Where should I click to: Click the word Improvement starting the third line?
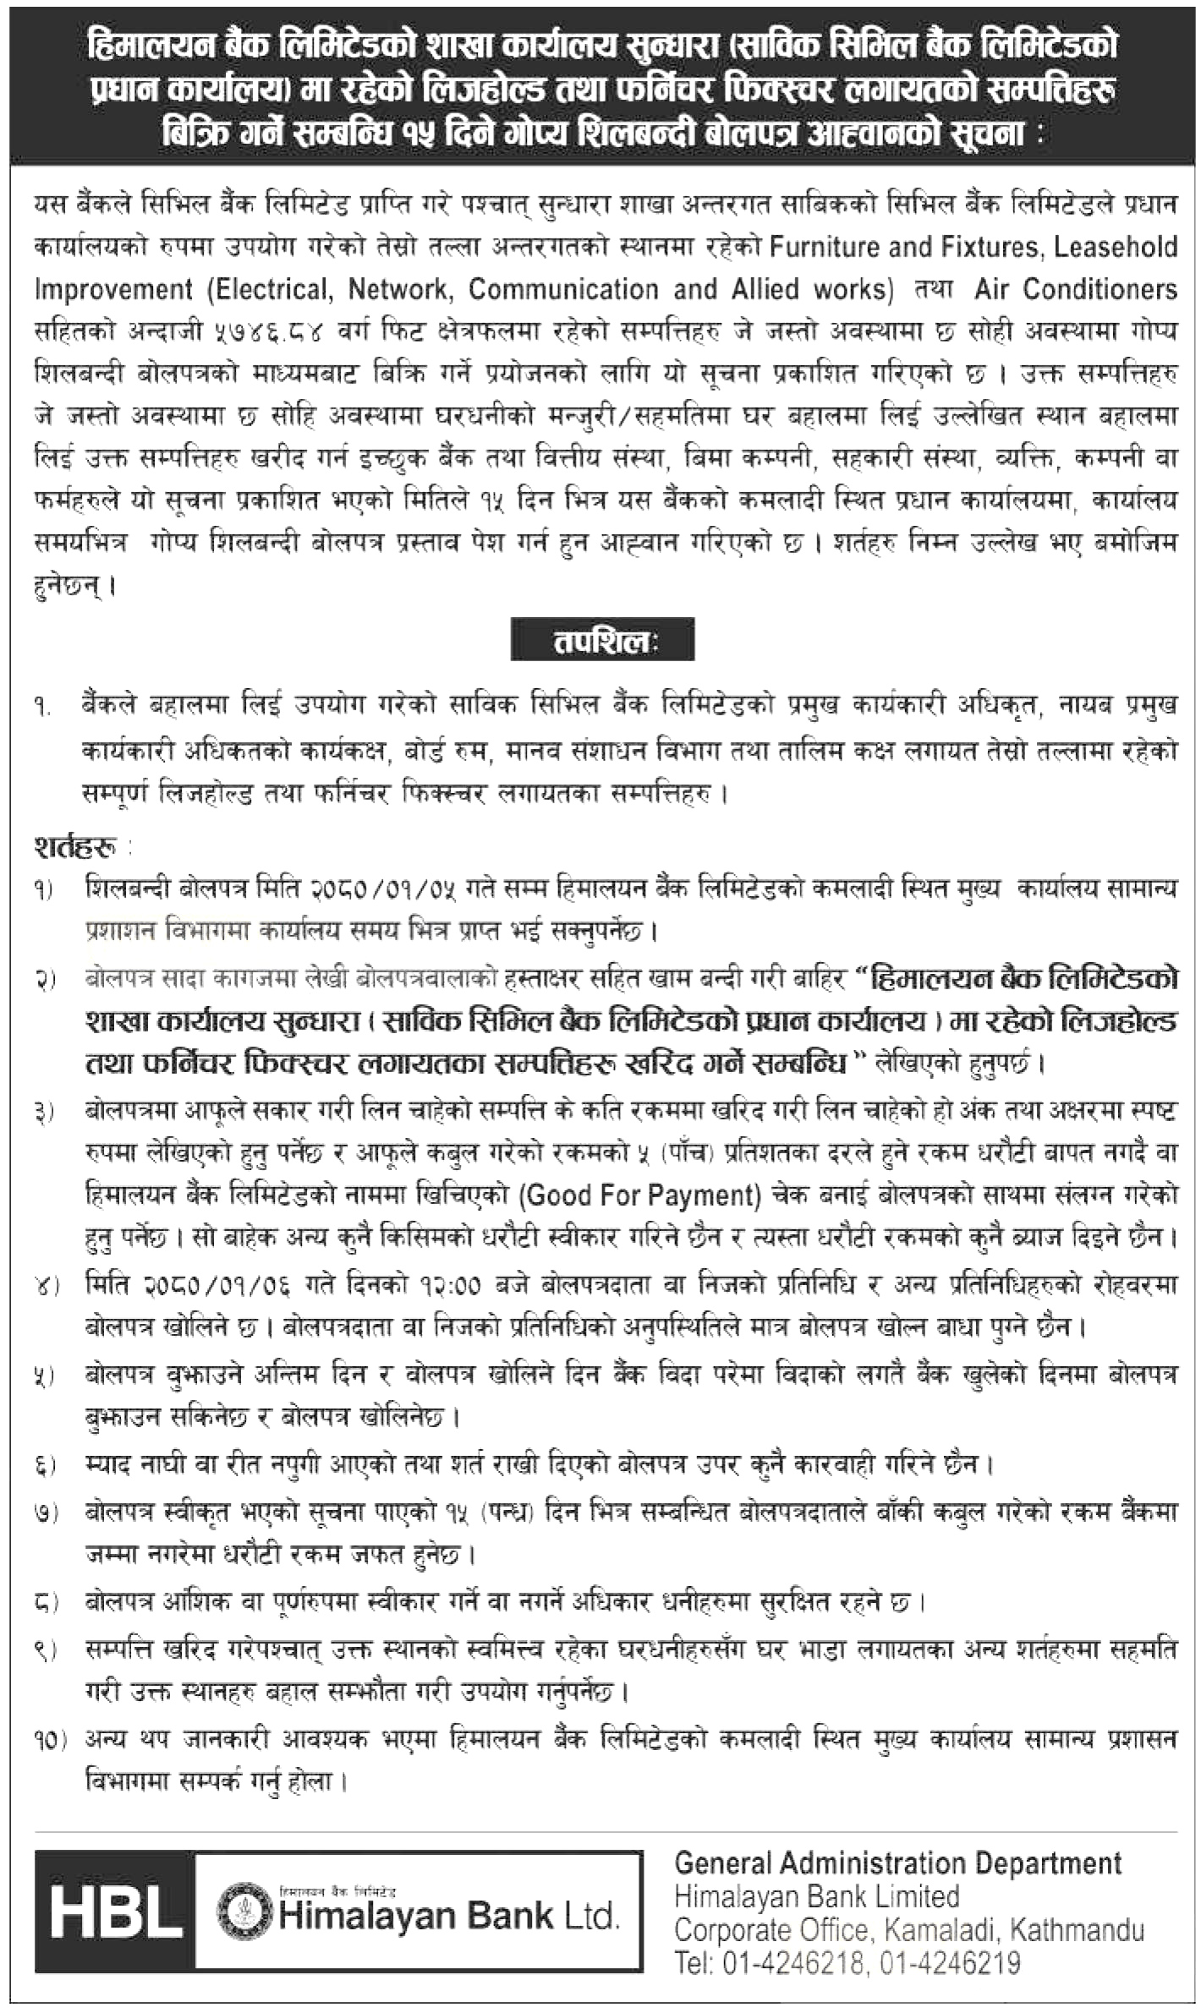pos(113,289)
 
